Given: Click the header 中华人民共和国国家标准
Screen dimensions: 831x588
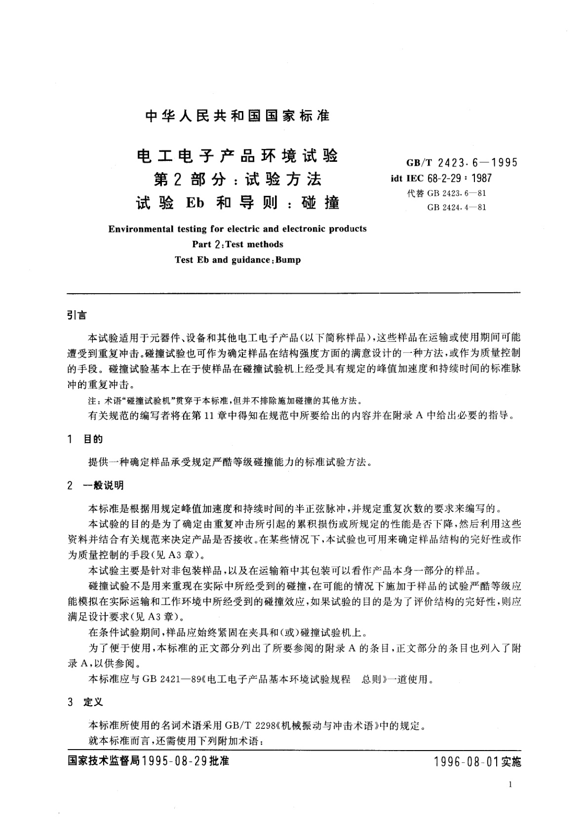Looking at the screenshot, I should point(237,116).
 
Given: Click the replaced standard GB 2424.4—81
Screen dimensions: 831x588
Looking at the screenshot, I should point(457,207).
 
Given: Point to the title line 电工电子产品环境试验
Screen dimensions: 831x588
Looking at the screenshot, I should point(237,156).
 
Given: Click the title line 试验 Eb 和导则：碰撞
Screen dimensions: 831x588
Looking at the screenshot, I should point(237,202).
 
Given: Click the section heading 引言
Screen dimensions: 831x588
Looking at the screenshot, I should point(77,315).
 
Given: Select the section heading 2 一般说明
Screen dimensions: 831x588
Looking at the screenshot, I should point(96,486).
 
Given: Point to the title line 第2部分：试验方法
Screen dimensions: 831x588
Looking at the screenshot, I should point(237,180).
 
